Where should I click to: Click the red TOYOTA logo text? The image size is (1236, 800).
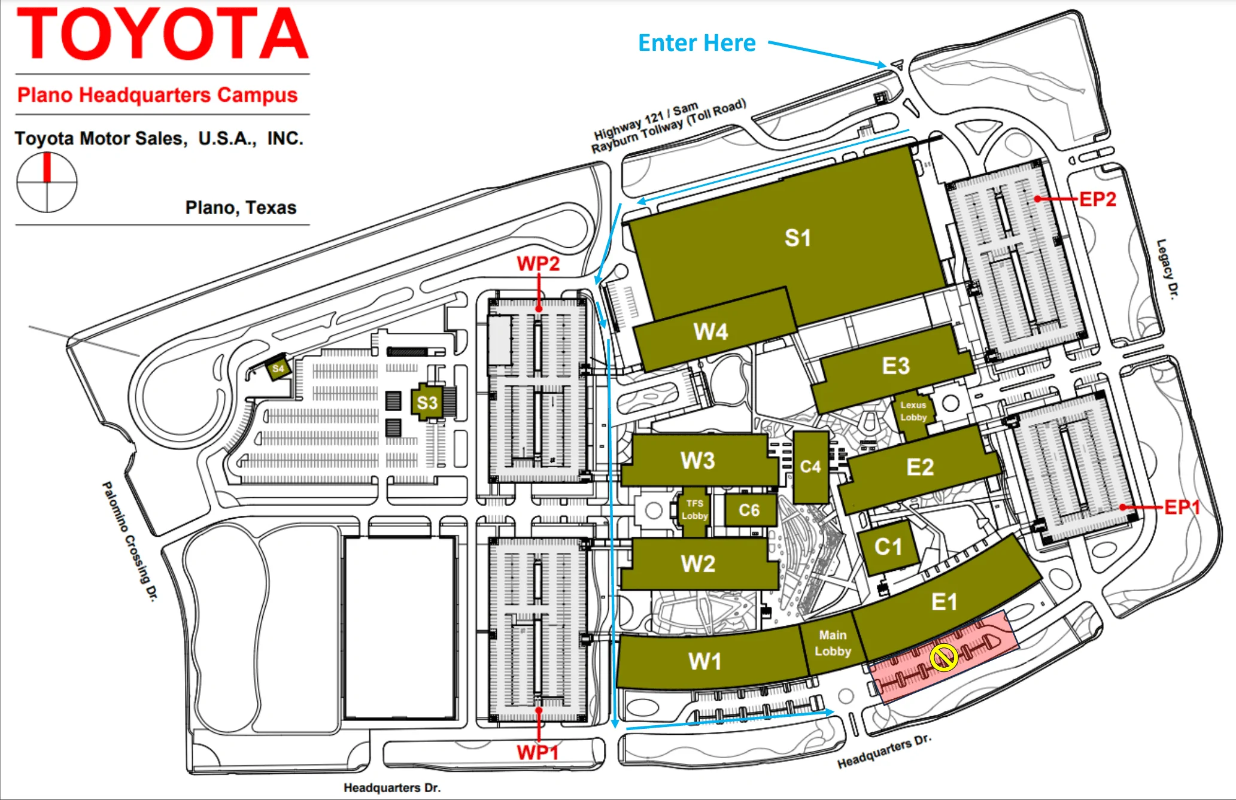click(x=163, y=34)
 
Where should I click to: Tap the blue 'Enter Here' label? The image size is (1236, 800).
click(x=697, y=43)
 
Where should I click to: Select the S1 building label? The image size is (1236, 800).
click(x=798, y=238)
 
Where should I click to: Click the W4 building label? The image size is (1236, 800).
click(x=710, y=331)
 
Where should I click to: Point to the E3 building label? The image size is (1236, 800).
click(x=896, y=366)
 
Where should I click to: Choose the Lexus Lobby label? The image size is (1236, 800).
click(x=913, y=411)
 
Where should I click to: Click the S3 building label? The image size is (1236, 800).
click(x=427, y=403)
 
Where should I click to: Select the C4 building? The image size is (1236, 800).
click(x=811, y=467)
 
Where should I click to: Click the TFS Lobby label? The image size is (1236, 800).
click(x=694, y=510)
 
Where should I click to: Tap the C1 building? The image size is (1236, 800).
click(x=888, y=546)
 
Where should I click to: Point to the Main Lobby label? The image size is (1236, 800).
click(x=833, y=643)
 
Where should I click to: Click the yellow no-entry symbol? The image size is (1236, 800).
click(x=944, y=658)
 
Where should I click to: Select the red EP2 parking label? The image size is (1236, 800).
click(x=1098, y=199)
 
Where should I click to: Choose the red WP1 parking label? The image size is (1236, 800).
click(x=537, y=752)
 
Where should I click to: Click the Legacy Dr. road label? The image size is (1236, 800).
click(x=1167, y=269)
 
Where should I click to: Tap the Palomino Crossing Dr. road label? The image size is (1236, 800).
click(x=130, y=541)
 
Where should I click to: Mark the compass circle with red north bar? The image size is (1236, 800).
click(x=47, y=182)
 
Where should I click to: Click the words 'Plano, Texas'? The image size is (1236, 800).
click(x=241, y=208)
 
